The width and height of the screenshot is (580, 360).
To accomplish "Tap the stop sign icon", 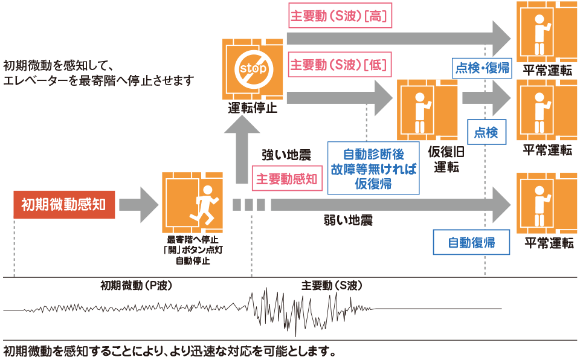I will coord(253,69).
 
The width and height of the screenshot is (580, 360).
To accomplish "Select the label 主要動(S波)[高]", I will coord(340,17).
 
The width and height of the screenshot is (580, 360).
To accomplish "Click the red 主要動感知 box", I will coord(287,179).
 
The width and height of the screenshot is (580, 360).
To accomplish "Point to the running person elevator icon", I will coord(192,202).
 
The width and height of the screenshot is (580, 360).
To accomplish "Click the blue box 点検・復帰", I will coord(482,67).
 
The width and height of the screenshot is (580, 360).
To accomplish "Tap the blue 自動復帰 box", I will coord(471,243).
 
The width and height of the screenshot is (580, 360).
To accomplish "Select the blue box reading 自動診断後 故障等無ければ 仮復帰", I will coord(373,169).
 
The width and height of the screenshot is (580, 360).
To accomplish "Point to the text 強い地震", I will coord(286,155).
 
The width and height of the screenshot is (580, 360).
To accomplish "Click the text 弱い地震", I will coord(348,220).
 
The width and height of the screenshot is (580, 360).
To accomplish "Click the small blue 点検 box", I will coord(486,132).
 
